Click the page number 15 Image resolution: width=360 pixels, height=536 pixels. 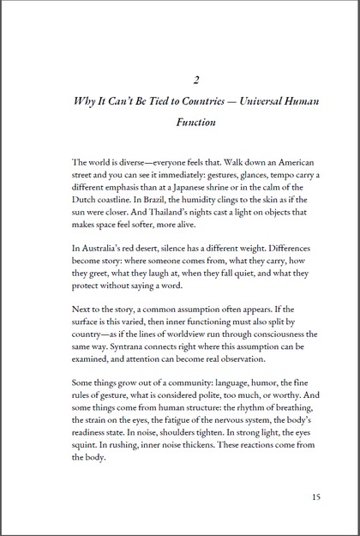[x=317, y=495]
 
